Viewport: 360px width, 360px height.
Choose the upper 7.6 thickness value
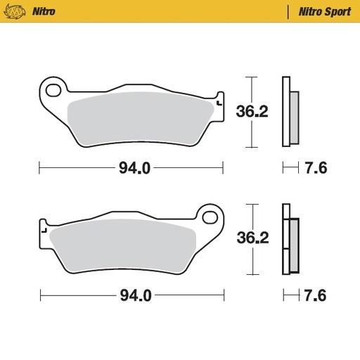point(315,169)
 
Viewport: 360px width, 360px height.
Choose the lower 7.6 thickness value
point(315,295)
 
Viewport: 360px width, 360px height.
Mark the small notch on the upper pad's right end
point(220,103)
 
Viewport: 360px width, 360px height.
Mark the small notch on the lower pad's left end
point(43,230)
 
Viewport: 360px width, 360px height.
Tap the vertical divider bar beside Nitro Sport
point(288,11)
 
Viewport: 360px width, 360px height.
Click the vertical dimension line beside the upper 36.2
point(248,111)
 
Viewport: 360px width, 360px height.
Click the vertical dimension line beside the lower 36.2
point(248,239)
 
